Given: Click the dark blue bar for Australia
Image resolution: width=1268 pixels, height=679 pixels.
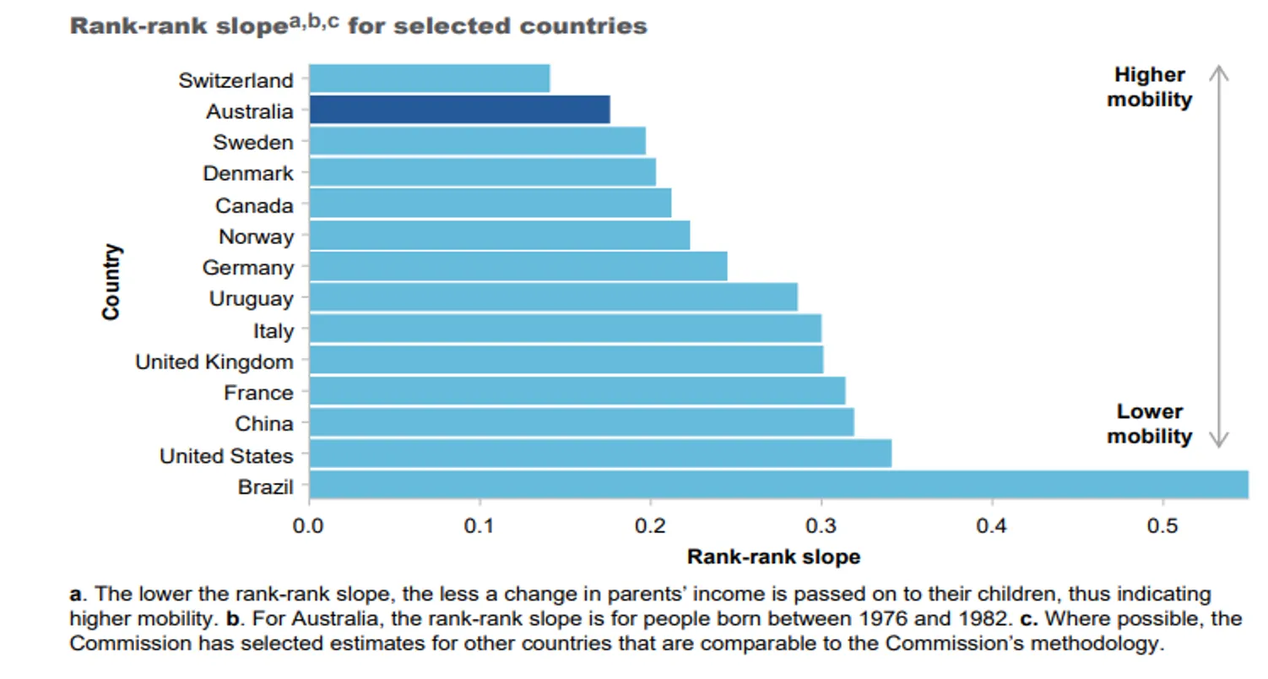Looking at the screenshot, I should [459, 110].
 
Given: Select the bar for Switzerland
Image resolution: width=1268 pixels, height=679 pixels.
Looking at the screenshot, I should [429, 79].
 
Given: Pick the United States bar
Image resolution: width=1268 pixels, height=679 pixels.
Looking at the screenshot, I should [600, 454].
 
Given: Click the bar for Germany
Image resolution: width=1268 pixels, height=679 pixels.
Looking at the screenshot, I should [517, 267].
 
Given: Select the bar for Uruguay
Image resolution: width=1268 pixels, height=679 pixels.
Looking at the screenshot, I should [553, 297].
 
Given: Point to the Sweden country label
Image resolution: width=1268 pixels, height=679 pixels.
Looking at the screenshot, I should [253, 142].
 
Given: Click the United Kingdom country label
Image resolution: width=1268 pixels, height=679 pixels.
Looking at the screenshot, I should [214, 361].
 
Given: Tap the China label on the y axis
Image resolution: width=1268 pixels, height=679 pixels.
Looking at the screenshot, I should [264, 424].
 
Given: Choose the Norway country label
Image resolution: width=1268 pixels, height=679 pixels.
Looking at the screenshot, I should [256, 236].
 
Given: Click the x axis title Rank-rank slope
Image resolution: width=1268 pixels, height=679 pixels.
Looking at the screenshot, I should [773, 557].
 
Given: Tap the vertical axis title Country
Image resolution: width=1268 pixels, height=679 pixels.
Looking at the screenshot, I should [111, 282].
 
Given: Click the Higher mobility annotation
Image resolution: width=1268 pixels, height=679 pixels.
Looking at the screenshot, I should [1149, 87].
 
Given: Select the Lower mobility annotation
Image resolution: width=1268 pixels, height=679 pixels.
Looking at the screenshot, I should [1149, 424].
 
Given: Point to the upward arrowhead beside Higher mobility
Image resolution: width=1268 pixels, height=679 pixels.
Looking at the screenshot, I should [1217, 72].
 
